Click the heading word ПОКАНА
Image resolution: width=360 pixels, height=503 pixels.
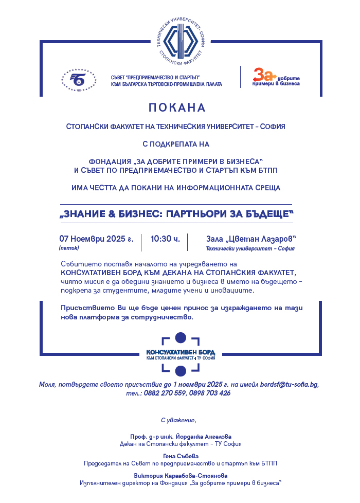click(176, 108)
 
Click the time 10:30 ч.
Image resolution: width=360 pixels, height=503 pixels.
click(165, 239)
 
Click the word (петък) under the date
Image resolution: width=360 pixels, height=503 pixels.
click(69, 248)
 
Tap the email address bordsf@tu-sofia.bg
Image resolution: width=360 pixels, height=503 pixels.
click(290, 384)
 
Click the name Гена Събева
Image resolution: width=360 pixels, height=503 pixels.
click(180, 456)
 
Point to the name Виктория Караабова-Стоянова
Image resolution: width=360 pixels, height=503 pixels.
click(180, 476)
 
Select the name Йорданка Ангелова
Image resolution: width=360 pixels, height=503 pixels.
click(201, 436)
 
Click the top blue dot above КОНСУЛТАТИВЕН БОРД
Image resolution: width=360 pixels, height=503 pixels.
click(181, 338)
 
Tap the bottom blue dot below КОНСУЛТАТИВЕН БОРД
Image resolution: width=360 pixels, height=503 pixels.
click(181, 371)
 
